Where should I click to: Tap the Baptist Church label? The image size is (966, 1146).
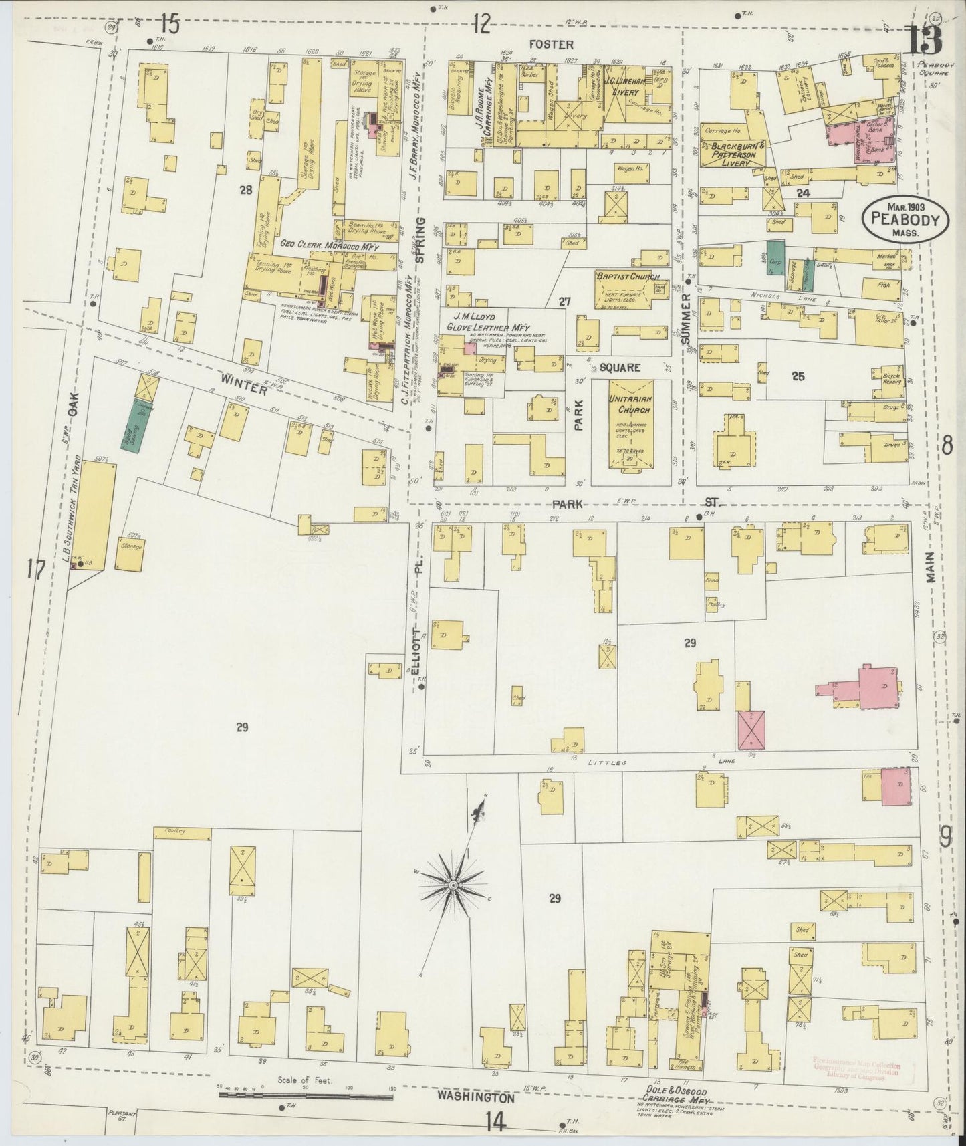point(628,277)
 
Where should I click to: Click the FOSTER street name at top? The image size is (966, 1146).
point(551,45)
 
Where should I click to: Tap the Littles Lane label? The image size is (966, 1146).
point(654,761)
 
